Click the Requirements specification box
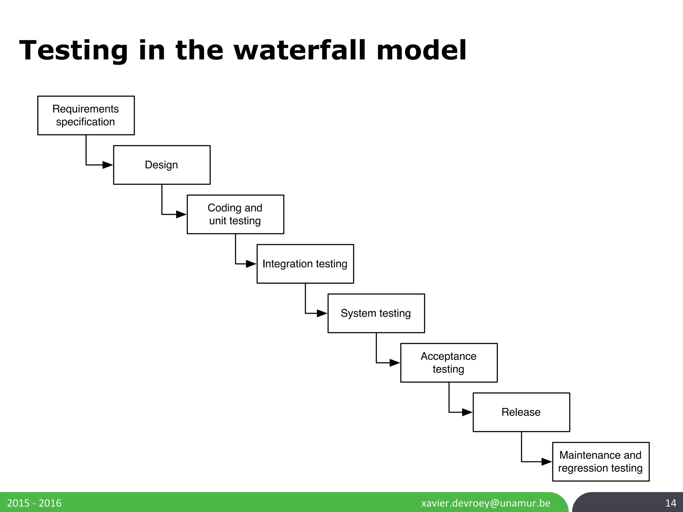coord(86,115)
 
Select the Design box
coord(162,165)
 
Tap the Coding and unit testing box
coord(235,214)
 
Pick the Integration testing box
coord(305,264)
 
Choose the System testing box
coord(376,313)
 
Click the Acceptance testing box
coord(449,363)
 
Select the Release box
coord(521,412)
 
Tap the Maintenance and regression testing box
coord(601,462)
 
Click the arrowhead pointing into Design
coord(108,165)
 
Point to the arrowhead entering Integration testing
coord(251,264)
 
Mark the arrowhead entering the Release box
coord(467,412)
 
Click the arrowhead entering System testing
coord(322,313)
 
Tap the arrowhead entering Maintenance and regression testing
coord(547,462)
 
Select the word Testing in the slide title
coord(74,50)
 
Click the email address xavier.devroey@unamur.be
coord(486,503)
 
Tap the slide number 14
coord(671,503)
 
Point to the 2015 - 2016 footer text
coord(34,503)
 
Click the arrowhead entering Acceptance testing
coord(395,363)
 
